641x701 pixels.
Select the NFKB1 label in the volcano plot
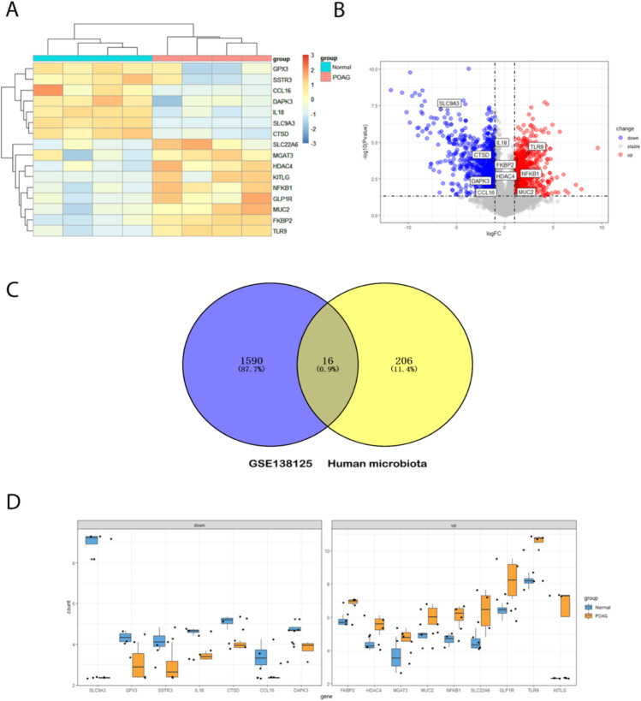pos(530,174)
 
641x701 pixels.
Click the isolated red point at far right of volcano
pos(598,147)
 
